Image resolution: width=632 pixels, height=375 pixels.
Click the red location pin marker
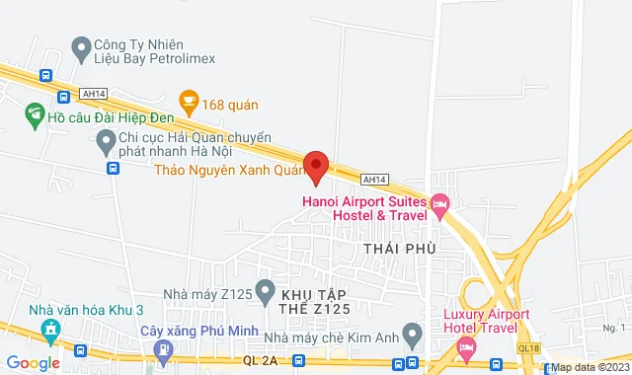(315, 166)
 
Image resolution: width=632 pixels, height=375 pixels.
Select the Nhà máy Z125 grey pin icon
(264, 291)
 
